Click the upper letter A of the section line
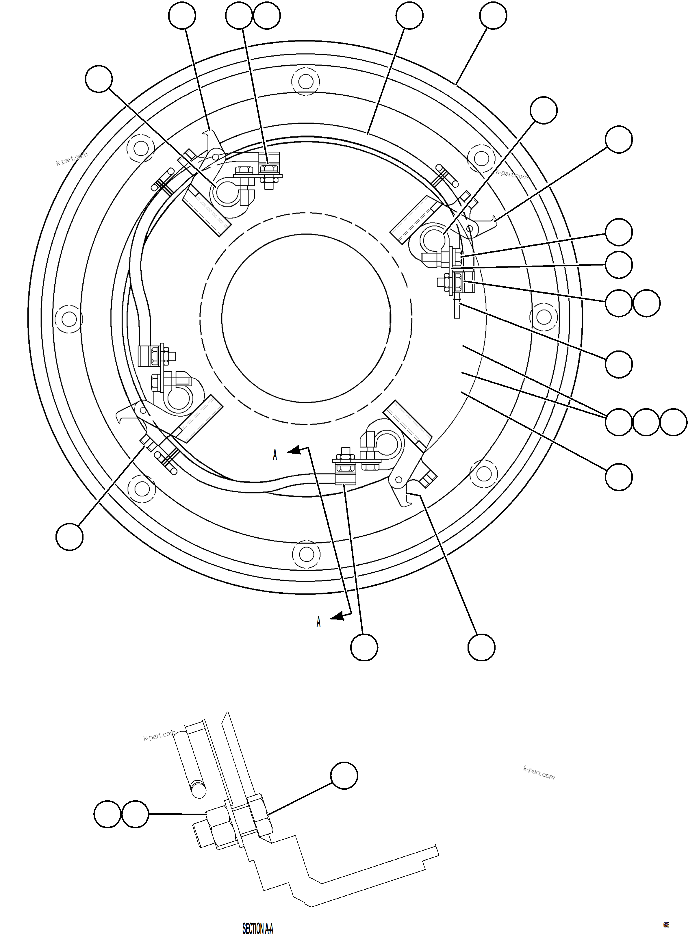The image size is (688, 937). [275, 455]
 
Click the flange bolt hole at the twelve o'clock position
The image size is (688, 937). [306, 81]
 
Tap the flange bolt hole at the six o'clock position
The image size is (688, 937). [306, 554]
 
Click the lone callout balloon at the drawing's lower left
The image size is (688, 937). [70, 537]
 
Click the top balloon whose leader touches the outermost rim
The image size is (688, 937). [493, 15]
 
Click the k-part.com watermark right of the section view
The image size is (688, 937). [539, 773]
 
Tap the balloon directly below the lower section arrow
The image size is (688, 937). [364, 647]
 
